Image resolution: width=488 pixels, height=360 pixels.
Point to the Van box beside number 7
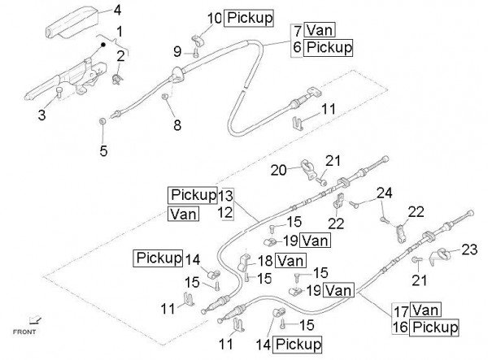[x=322, y=31]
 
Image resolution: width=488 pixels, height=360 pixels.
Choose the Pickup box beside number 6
[x=329, y=48]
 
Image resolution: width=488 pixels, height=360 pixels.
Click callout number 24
[x=384, y=193]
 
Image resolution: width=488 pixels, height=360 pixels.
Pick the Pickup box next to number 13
[x=194, y=195]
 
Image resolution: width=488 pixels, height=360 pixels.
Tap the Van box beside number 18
[x=290, y=260]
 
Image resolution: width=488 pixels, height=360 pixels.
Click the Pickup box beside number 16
[x=438, y=327]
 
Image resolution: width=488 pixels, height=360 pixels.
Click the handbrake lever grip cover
[x=73, y=20]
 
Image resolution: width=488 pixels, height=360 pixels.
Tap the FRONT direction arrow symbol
[x=33, y=320]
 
